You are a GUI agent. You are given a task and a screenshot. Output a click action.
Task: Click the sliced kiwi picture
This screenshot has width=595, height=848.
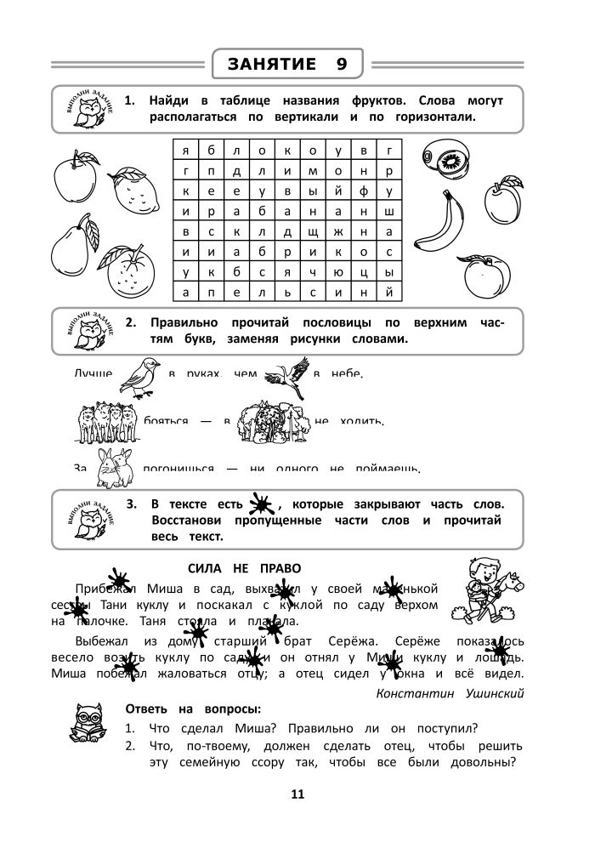coord(447,158)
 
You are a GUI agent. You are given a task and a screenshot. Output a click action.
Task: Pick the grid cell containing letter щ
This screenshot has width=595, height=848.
coord(313,231)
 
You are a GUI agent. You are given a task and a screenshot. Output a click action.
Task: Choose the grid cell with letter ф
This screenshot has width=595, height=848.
coord(364,191)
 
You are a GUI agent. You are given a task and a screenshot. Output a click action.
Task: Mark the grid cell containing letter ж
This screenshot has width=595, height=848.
coord(338,231)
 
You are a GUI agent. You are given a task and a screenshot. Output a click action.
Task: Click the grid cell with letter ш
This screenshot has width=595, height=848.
coord(389,211)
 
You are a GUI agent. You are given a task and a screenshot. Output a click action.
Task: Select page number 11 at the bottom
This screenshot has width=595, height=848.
coord(297,795)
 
